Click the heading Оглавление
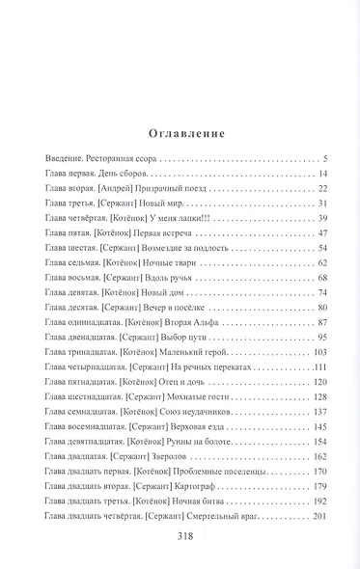[180, 133]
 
